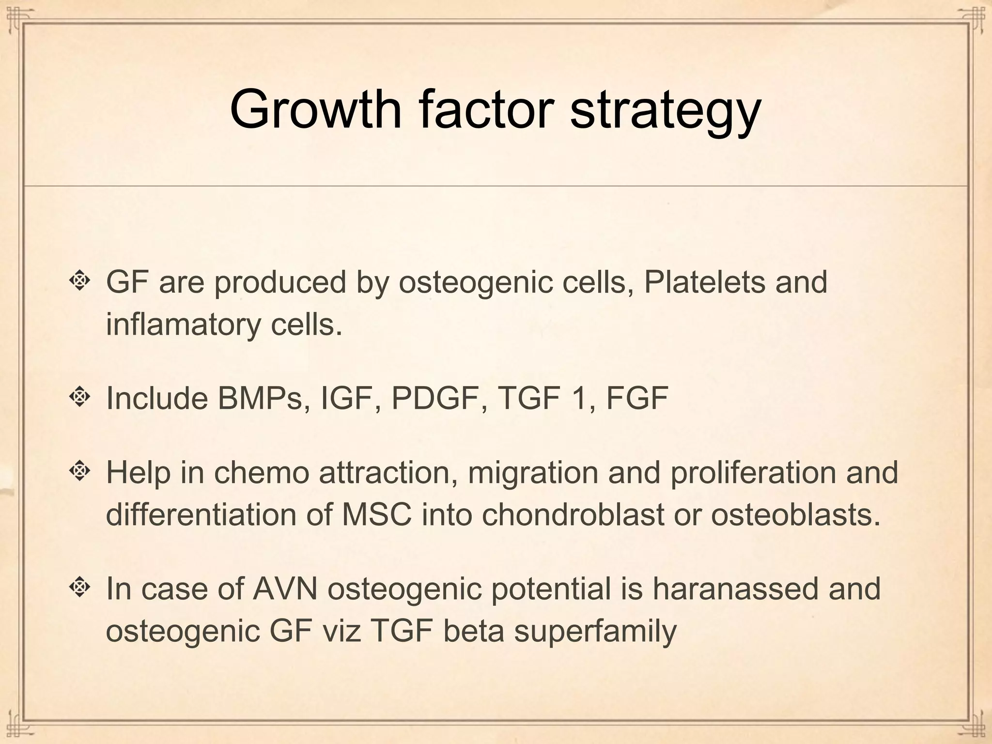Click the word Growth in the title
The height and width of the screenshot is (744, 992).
(315, 109)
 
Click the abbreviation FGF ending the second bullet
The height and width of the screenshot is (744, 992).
(637, 398)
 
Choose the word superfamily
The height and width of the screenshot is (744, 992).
(595, 631)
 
